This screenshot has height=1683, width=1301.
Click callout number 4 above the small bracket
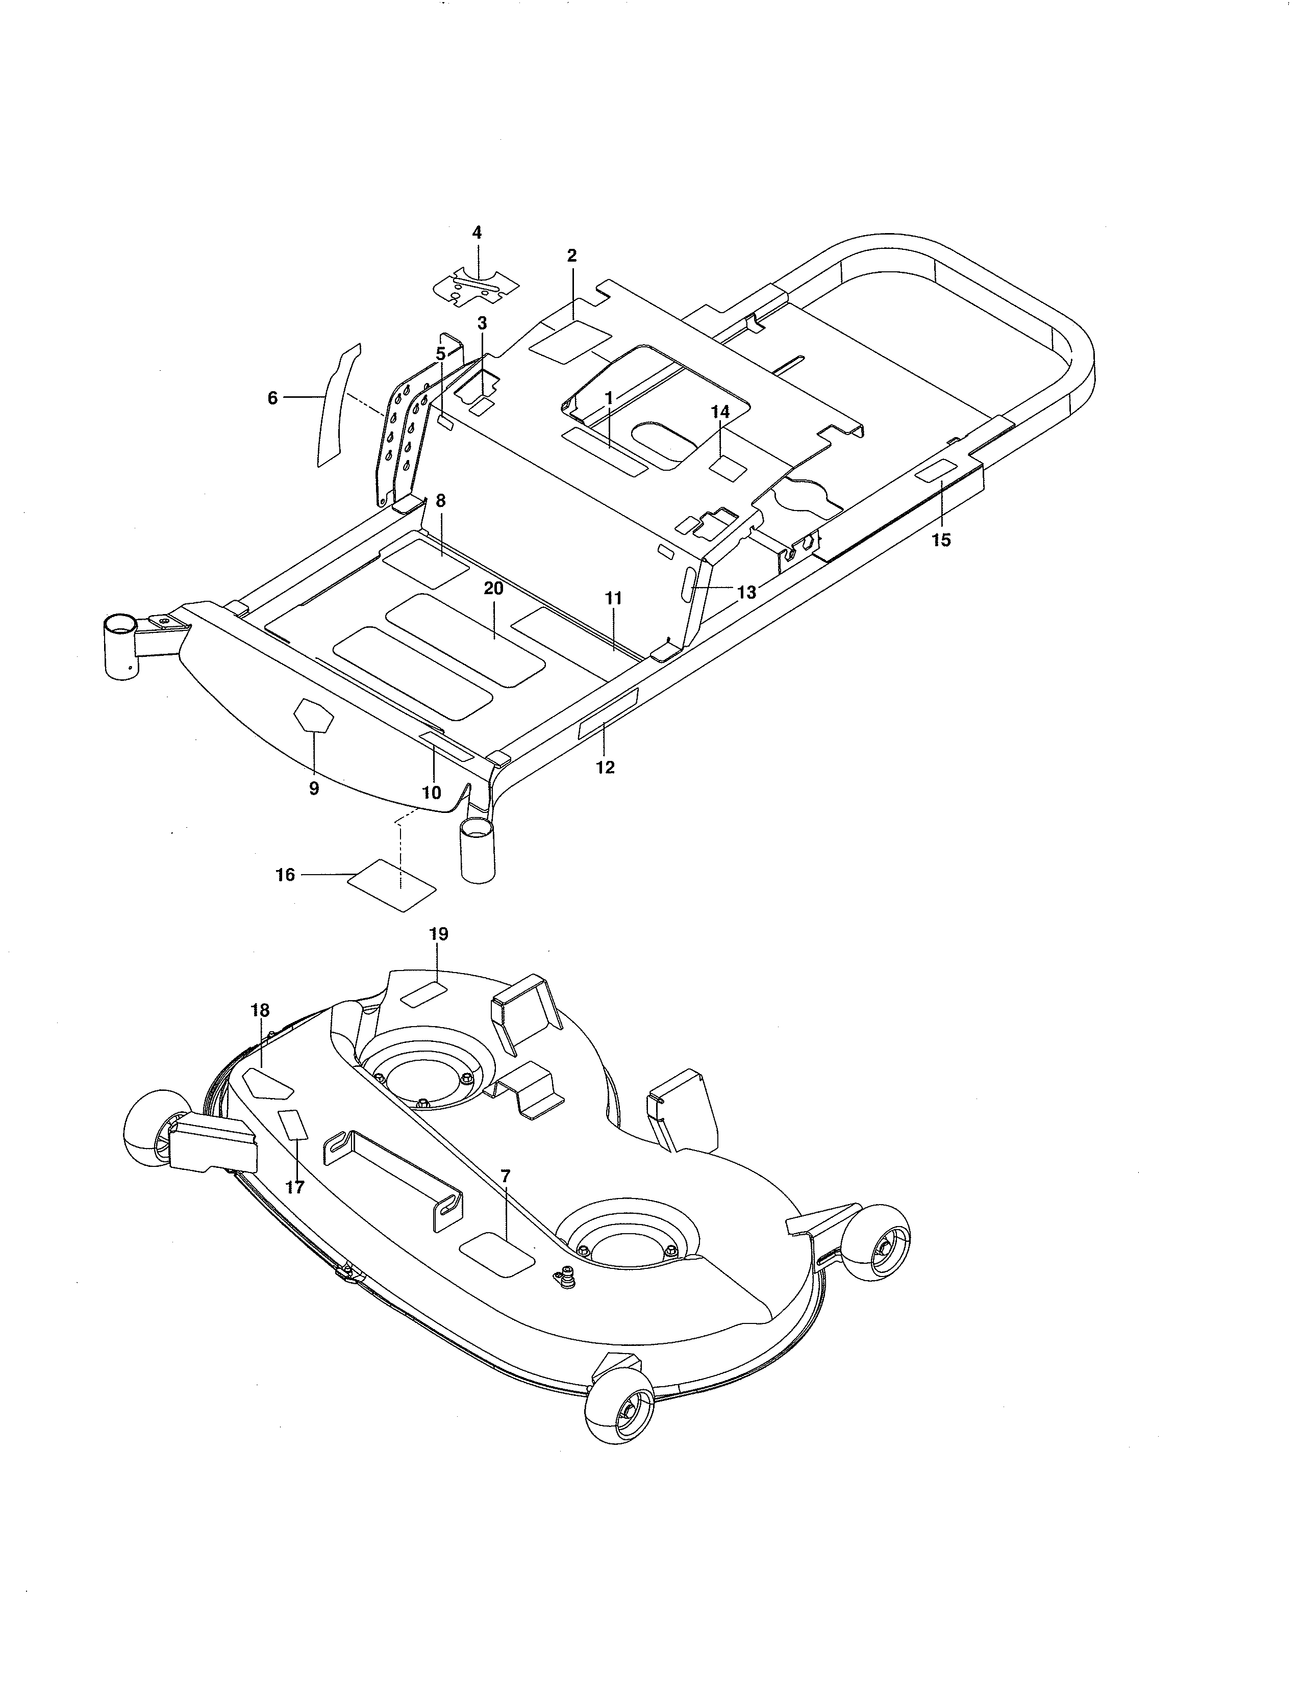477,232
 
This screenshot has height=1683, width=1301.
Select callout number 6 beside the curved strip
272,398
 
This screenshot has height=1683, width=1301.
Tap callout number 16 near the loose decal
285,875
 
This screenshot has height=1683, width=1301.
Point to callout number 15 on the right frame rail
941,540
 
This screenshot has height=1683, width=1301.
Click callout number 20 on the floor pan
493,588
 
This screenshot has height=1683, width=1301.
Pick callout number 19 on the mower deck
439,934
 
